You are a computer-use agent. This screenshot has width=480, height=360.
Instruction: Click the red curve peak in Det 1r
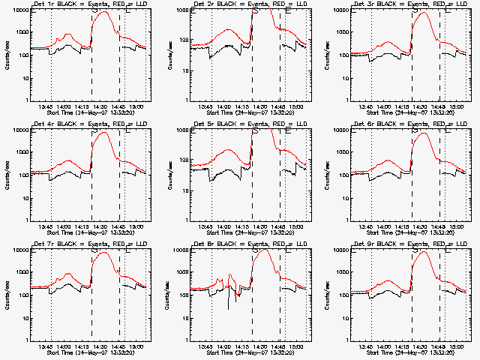(104, 13)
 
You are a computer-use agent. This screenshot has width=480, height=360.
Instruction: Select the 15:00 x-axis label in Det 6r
(458, 226)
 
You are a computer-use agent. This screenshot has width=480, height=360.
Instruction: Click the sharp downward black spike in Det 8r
(228, 307)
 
